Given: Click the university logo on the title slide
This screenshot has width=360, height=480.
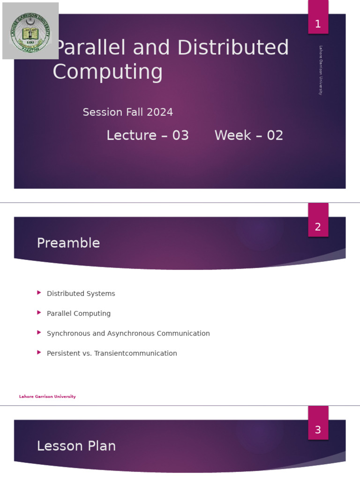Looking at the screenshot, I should [30, 31].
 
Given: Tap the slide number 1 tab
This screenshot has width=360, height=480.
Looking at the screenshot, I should [318, 23].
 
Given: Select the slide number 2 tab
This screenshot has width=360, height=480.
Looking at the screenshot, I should [318, 226].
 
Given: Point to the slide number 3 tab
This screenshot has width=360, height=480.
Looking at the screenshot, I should [318, 429].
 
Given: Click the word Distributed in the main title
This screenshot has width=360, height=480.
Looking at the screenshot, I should [233, 48].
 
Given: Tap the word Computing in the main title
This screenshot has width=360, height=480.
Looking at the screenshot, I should [108, 72].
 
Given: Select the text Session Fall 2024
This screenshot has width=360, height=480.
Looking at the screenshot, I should [128, 112].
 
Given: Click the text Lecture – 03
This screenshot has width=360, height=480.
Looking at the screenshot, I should [148, 135].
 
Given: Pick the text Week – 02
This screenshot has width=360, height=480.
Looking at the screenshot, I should [249, 135].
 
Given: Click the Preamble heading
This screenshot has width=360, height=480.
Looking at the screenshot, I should [68, 243].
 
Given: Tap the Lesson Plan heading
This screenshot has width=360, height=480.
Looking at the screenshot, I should [76, 446].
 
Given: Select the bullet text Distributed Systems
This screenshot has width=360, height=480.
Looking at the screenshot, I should [81, 293].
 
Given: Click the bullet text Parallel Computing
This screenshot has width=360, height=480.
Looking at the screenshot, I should [79, 314].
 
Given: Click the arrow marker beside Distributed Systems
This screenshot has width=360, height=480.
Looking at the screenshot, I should [39, 293].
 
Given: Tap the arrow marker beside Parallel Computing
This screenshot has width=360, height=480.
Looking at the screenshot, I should [39, 313].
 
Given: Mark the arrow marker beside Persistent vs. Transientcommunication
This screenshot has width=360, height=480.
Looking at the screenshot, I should [39, 352].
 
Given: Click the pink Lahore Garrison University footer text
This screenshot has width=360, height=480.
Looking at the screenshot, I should [47, 397].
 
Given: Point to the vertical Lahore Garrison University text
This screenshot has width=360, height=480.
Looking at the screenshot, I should [321, 70].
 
